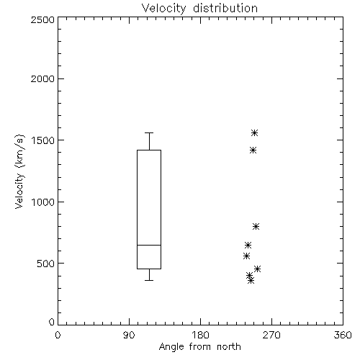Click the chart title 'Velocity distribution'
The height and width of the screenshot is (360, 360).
click(x=199, y=9)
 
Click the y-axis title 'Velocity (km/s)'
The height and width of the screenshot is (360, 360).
click(x=19, y=171)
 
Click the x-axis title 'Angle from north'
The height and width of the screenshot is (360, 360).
click(x=199, y=347)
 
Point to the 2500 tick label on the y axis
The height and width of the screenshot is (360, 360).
click(x=42, y=19)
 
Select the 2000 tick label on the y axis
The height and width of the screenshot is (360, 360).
click(x=42, y=78)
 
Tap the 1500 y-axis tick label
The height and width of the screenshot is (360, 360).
click(x=43, y=140)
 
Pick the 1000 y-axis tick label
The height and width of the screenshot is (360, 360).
click(x=43, y=202)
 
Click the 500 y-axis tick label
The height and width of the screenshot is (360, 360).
click(x=45, y=264)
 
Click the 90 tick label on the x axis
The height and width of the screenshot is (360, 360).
click(x=129, y=335)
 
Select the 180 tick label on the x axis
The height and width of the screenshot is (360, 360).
click(x=200, y=335)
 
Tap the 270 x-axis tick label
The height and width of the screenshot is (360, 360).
click(x=271, y=335)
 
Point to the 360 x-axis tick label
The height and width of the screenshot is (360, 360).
click(x=343, y=335)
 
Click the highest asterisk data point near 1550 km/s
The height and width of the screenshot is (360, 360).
click(x=255, y=132)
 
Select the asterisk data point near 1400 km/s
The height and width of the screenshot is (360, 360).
click(x=253, y=150)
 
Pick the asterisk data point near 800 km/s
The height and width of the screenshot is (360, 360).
click(x=256, y=226)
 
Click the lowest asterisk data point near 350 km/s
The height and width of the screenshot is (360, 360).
click(x=251, y=280)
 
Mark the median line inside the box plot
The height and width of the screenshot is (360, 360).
click(x=149, y=245)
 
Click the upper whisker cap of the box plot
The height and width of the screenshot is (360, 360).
click(x=149, y=132)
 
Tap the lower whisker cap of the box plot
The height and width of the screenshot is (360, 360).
click(x=149, y=280)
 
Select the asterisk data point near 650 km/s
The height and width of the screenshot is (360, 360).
click(x=248, y=245)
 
